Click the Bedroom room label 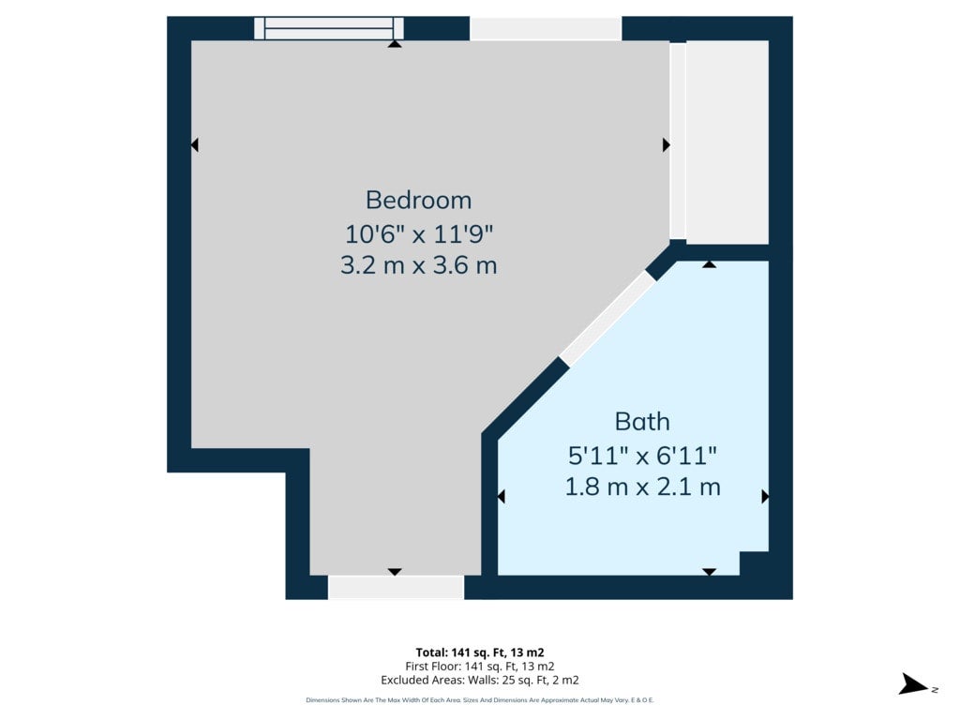[x=419, y=201]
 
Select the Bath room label [x=642, y=422]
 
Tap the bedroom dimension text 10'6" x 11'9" [x=419, y=233]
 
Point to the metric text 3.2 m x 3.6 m [x=419, y=265]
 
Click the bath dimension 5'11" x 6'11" [x=642, y=456]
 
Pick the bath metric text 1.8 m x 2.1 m [x=642, y=487]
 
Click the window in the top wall [x=329, y=28]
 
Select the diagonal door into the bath [x=607, y=319]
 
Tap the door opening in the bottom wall [x=397, y=587]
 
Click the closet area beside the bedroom [x=727, y=142]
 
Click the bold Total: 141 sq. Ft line [x=480, y=652]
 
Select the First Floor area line [x=480, y=667]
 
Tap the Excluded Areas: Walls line [x=480, y=680]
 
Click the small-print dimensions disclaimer [x=480, y=699]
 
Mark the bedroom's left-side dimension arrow [x=195, y=145]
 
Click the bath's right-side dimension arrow [x=765, y=496]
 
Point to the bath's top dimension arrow [x=709, y=264]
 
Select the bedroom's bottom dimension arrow [x=395, y=572]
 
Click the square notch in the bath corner [x=754, y=563]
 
